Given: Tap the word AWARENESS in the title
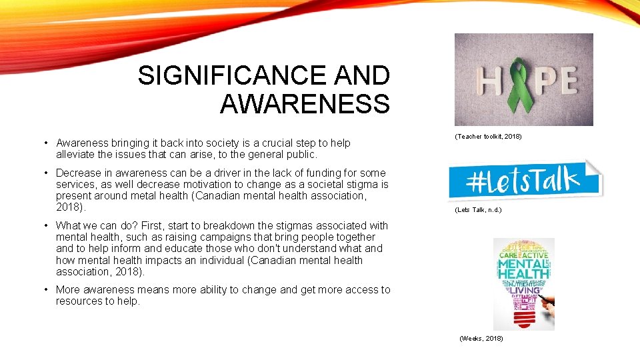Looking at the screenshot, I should pyautogui.click(x=304, y=104).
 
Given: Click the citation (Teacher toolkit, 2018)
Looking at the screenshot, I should pyautogui.click(x=488, y=136).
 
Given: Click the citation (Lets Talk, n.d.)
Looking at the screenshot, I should pyautogui.click(x=478, y=210).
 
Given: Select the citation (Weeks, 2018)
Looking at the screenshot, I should pyautogui.click(x=481, y=339).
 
